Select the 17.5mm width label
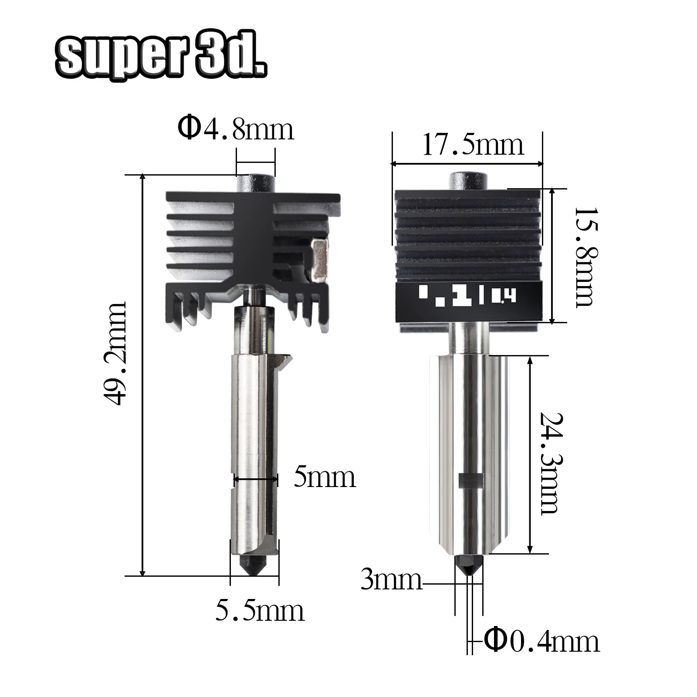473,145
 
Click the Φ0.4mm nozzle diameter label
542,641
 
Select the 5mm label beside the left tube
325,477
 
